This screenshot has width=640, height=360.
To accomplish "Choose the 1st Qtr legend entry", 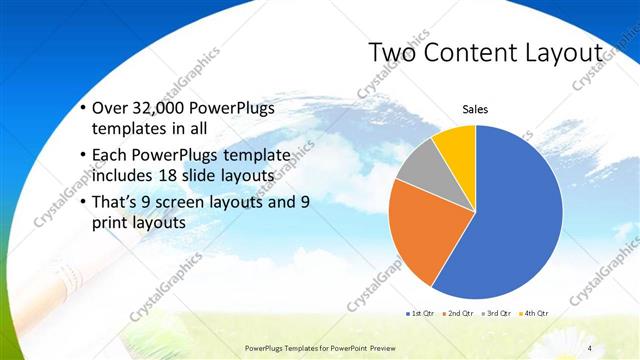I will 419,313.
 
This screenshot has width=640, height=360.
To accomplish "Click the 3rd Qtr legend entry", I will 497,313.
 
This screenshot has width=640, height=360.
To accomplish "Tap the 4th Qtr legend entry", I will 536,313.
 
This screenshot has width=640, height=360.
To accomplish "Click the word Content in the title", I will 478,52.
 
